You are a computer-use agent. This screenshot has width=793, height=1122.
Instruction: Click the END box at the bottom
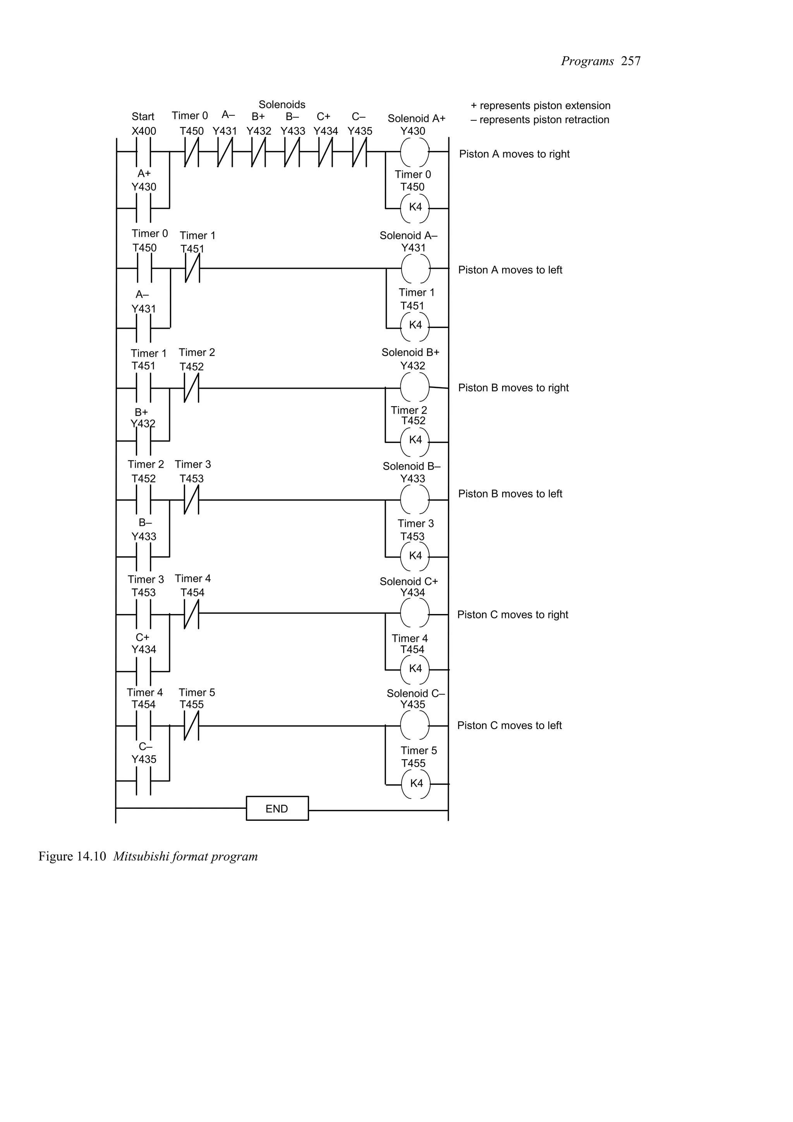pyautogui.click(x=277, y=808)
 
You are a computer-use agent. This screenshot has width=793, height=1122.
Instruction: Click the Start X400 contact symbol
pyautogui.click(x=143, y=152)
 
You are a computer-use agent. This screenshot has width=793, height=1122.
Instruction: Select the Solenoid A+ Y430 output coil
pyautogui.click(x=415, y=152)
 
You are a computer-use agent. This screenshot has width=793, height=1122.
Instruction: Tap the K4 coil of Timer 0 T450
pyautogui.click(x=415, y=208)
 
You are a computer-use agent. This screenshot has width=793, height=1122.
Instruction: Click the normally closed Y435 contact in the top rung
pyautogui.click(x=359, y=152)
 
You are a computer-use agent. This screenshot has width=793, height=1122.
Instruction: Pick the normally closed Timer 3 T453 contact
pyautogui.click(x=192, y=500)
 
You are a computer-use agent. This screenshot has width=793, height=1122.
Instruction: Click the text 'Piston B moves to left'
pyautogui.click(x=510, y=494)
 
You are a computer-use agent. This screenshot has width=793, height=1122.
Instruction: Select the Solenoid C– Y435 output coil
pyautogui.click(x=415, y=726)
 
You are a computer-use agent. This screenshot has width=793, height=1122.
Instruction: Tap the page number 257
pyautogui.click(x=631, y=61)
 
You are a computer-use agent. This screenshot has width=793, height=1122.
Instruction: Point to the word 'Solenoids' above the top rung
pyautogui.click(x=282, y=105)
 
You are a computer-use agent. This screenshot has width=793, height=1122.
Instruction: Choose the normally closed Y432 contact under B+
pyautogui.click(x=259, y=152)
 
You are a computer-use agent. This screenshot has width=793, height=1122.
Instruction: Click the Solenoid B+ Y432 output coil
pyautogui.click(x=415, y=388)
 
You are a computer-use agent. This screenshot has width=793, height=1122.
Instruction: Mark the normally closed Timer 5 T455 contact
pyautogui.click(x=192, y=726)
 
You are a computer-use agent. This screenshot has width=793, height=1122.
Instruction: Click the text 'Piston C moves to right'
pyautogui.click(x=513, y=615)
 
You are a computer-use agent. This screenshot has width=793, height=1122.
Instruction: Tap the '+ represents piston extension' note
pyautogui.click(x=541, y=106)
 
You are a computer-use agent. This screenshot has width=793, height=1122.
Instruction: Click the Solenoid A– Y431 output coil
pyautogui.click(x=415, y=268)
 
